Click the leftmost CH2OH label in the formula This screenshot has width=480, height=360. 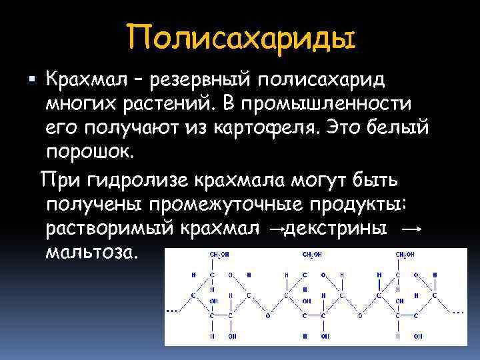pyautogui.click(x=219, y=255)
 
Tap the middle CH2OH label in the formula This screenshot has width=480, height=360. pyautogui.click(x=311, y=255)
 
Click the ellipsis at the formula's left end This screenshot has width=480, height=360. pyautogui.click(x=171, y=311)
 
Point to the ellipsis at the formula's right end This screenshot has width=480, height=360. pyautogui.click(x=459, y=311)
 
